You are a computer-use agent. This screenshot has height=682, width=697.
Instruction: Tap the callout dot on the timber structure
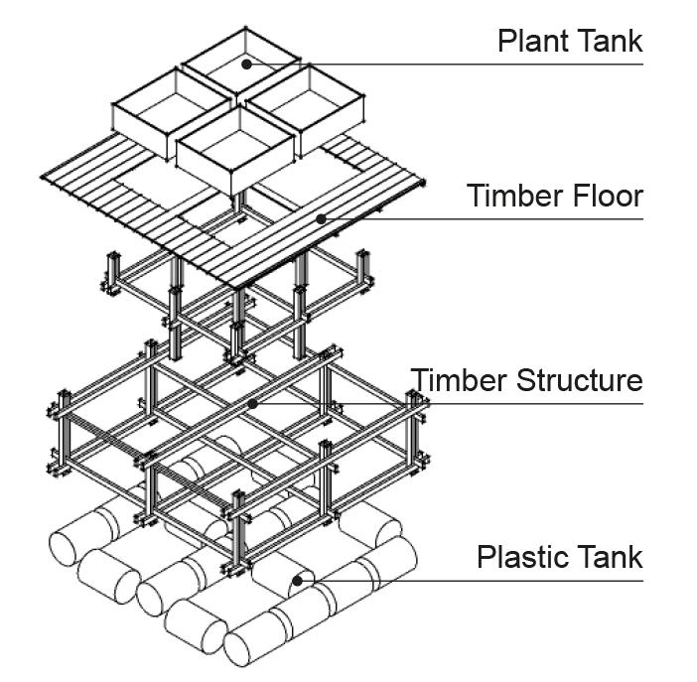point(254,404)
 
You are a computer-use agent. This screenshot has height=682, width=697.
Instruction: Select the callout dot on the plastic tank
point(297,578)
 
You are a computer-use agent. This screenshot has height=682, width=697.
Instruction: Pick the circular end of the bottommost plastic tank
point(242,647)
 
